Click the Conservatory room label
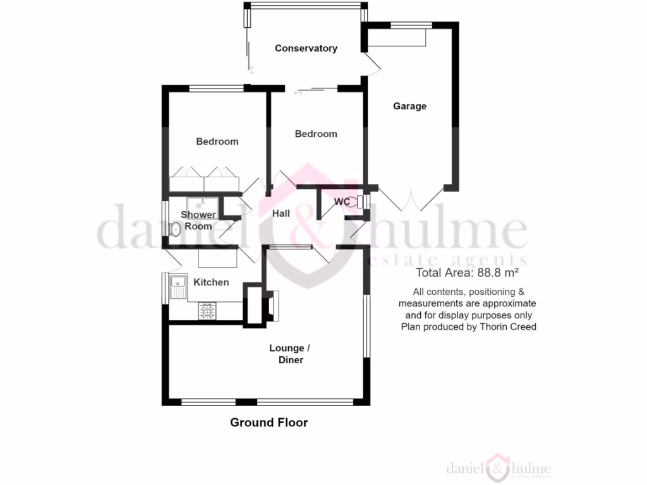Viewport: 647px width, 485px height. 306,48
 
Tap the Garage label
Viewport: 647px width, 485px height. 409,106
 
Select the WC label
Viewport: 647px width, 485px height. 342,202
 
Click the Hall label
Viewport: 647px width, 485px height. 281,213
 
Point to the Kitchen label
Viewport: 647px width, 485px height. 211,282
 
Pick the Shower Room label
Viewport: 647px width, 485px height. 198,220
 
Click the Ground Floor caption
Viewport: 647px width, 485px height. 269,422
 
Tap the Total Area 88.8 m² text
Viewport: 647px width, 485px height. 467,273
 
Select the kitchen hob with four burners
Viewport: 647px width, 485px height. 207,311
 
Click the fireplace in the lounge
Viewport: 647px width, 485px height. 270,306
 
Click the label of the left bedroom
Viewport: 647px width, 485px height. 217,141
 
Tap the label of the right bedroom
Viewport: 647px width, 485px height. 316,134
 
